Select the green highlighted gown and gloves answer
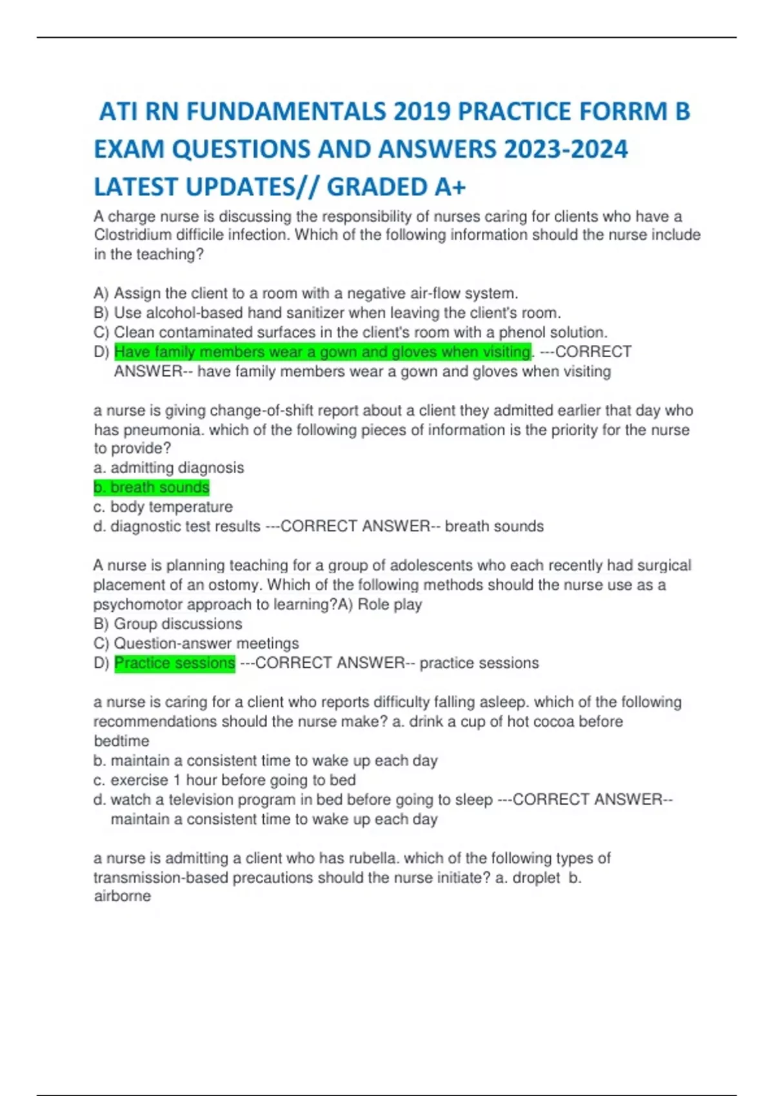coord(322,352)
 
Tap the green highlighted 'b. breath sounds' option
coord(152,487)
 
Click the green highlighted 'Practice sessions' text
coord(174,663)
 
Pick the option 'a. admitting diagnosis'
coord(169,468)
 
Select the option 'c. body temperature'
coord(163,507)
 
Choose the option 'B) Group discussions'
coord(168,624)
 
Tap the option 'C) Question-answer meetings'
coord(196,643)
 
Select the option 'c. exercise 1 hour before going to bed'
coord(224,780)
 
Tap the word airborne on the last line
coord(123,896)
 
